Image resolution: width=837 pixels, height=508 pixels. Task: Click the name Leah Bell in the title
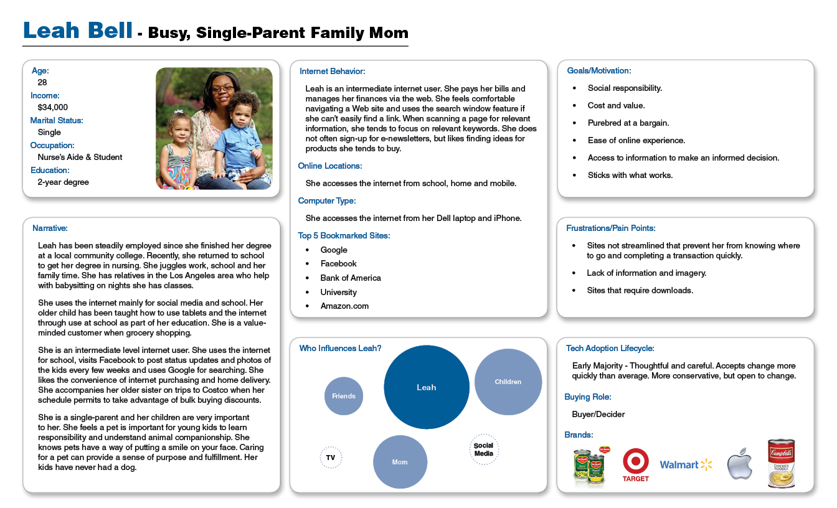click(78, 31)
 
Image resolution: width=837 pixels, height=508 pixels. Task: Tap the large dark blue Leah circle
click(427, 387)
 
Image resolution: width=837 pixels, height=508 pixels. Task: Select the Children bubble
click(508, 382)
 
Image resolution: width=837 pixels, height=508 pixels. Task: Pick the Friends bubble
click(344, 396)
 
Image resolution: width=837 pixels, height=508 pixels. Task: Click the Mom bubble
click(400, 462)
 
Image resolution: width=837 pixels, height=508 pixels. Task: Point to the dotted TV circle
click(331, 458)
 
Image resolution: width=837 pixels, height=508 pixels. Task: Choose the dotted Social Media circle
click(484, 449)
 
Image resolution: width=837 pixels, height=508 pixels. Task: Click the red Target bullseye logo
click(636, 461)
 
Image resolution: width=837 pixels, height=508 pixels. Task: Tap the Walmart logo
click(686, 464)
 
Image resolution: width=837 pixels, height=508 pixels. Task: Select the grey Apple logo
click(740, 464)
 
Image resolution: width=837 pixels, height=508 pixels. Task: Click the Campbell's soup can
click(781, 463)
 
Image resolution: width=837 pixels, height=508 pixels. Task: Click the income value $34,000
click(53, 107)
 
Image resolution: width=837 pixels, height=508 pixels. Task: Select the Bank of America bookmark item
click(351, 278)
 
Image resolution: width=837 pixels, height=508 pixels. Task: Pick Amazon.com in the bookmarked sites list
click(344, 306)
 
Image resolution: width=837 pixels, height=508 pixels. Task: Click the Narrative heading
click(50, 228)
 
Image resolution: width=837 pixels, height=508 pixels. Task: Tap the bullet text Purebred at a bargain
click(628, 123)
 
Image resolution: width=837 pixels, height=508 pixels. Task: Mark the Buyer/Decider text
click(598, 414)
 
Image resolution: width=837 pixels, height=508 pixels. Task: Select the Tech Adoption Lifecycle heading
click(610, 348)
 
